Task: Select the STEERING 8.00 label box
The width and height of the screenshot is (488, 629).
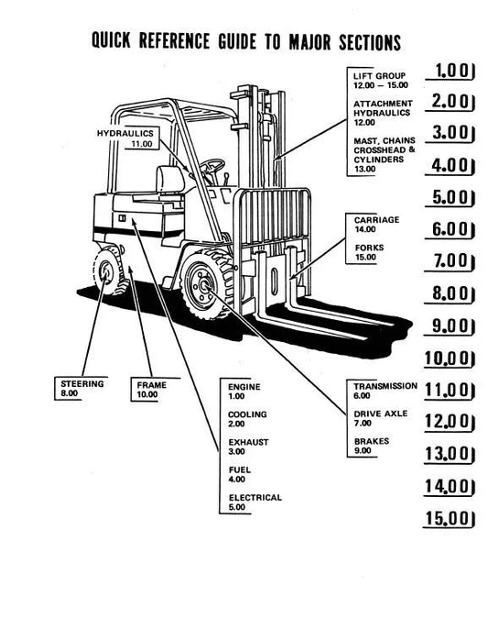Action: point(81,389)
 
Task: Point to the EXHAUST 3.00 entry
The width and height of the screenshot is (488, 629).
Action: point(248,447)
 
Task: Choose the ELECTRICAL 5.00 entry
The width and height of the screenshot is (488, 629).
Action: point(255,502)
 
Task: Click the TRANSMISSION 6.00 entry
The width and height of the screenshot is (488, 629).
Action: point(385,391)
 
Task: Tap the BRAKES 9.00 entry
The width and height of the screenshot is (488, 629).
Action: point(371,446)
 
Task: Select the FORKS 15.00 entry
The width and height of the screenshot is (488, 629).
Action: point(369,252)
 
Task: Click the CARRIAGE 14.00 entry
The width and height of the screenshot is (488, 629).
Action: point(376,225)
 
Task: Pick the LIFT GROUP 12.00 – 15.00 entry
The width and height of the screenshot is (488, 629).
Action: point(380,81)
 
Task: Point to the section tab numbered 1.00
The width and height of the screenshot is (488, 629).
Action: point(450,72)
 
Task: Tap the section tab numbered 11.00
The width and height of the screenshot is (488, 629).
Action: point(450,390)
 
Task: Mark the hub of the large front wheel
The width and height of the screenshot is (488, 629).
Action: point(203,286)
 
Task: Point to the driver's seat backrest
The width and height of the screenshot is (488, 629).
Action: point(170,179)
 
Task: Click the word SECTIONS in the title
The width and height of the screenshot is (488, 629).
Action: point(370,42)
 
